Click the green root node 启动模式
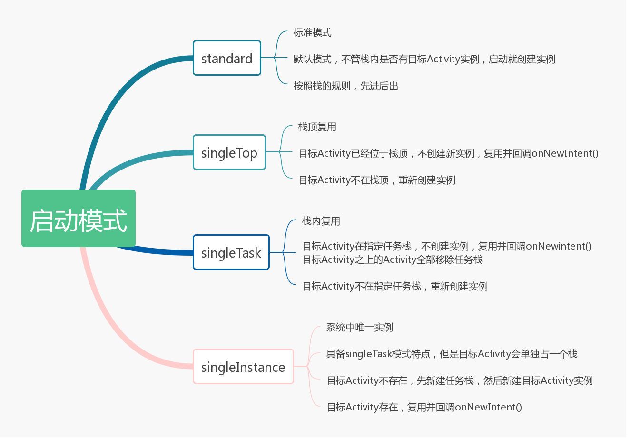coord(79,218)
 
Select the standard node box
coord(226,58)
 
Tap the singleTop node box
coord(229,152)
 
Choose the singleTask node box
coord(231,252)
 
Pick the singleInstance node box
coord(243,367)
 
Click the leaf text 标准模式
coord(312,32)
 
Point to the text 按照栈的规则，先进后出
coord(345,86)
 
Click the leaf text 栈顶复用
coord(317,127)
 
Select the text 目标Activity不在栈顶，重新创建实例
coord(376,180)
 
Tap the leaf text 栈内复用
coord(321,221)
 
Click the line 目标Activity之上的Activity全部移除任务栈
coord(393,260)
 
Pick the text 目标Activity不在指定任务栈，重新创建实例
coord(395,286)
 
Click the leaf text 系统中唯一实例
coord(359,327)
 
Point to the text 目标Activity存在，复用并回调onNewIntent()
coord(424,407)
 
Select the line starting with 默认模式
coord(424,59)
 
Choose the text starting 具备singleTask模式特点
coord(452,354)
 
